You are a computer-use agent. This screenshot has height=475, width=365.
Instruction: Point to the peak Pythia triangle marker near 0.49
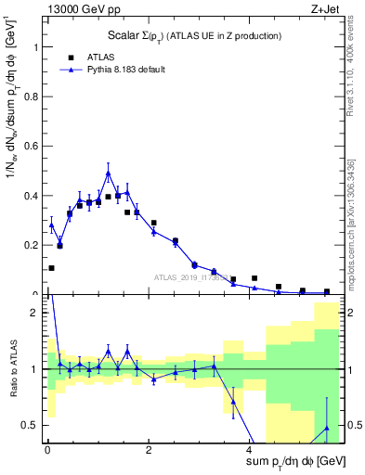click(x=108, y=173)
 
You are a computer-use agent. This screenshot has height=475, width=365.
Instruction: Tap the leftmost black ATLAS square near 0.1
click(x=51, y=268)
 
